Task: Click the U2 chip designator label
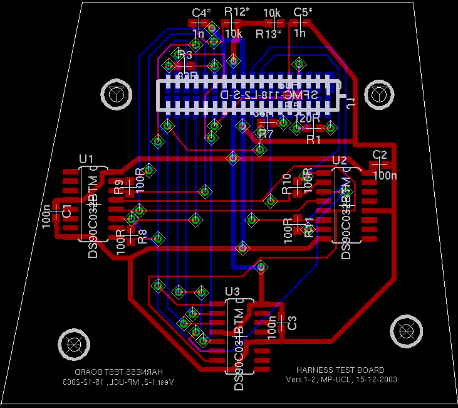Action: (339, 159)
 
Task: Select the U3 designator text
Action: (232, 291)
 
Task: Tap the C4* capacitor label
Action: (202, 13)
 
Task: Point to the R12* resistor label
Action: (237, 11)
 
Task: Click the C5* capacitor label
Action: (303, 12)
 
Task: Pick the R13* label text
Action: (269, 34)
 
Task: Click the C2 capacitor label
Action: (380, 154)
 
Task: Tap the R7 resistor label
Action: (266, 134)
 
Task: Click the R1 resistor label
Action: (313, 139)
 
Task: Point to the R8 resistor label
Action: (142, 236)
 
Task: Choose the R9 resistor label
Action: (119, 186)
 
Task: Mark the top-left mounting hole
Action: (116, 94)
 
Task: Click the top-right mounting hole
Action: (378, 94)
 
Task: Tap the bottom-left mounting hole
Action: (73, 343)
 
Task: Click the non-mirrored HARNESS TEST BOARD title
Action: (340, 370)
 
